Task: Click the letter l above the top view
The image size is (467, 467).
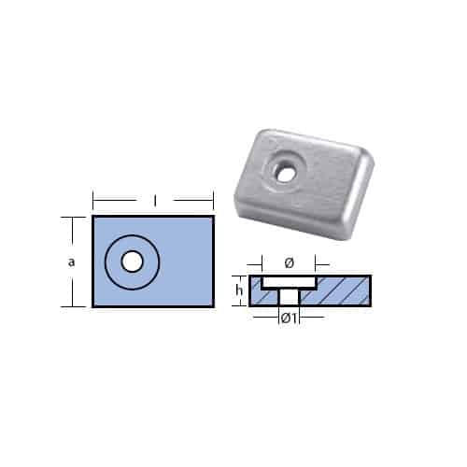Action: [x=153, y=200]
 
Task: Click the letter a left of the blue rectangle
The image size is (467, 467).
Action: [x=72, y=262]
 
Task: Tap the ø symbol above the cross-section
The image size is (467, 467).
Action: [x=289, y=263]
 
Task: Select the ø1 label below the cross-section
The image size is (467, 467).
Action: [x=289, y=318]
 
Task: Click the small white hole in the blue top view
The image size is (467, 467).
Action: [x=132, y=262]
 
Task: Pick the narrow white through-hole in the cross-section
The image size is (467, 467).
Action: [x=289, y=295]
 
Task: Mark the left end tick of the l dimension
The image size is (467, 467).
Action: [x=92, y=200]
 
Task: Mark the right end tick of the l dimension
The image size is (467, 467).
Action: [x=214, y=200]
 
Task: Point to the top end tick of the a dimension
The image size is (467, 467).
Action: [x=66, y=217]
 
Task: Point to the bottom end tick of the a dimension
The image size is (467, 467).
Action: [x=66, y=306]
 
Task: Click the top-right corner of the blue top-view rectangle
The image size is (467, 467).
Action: [x=213, y=217]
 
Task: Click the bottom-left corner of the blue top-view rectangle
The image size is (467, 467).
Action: [x=93, y=305]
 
